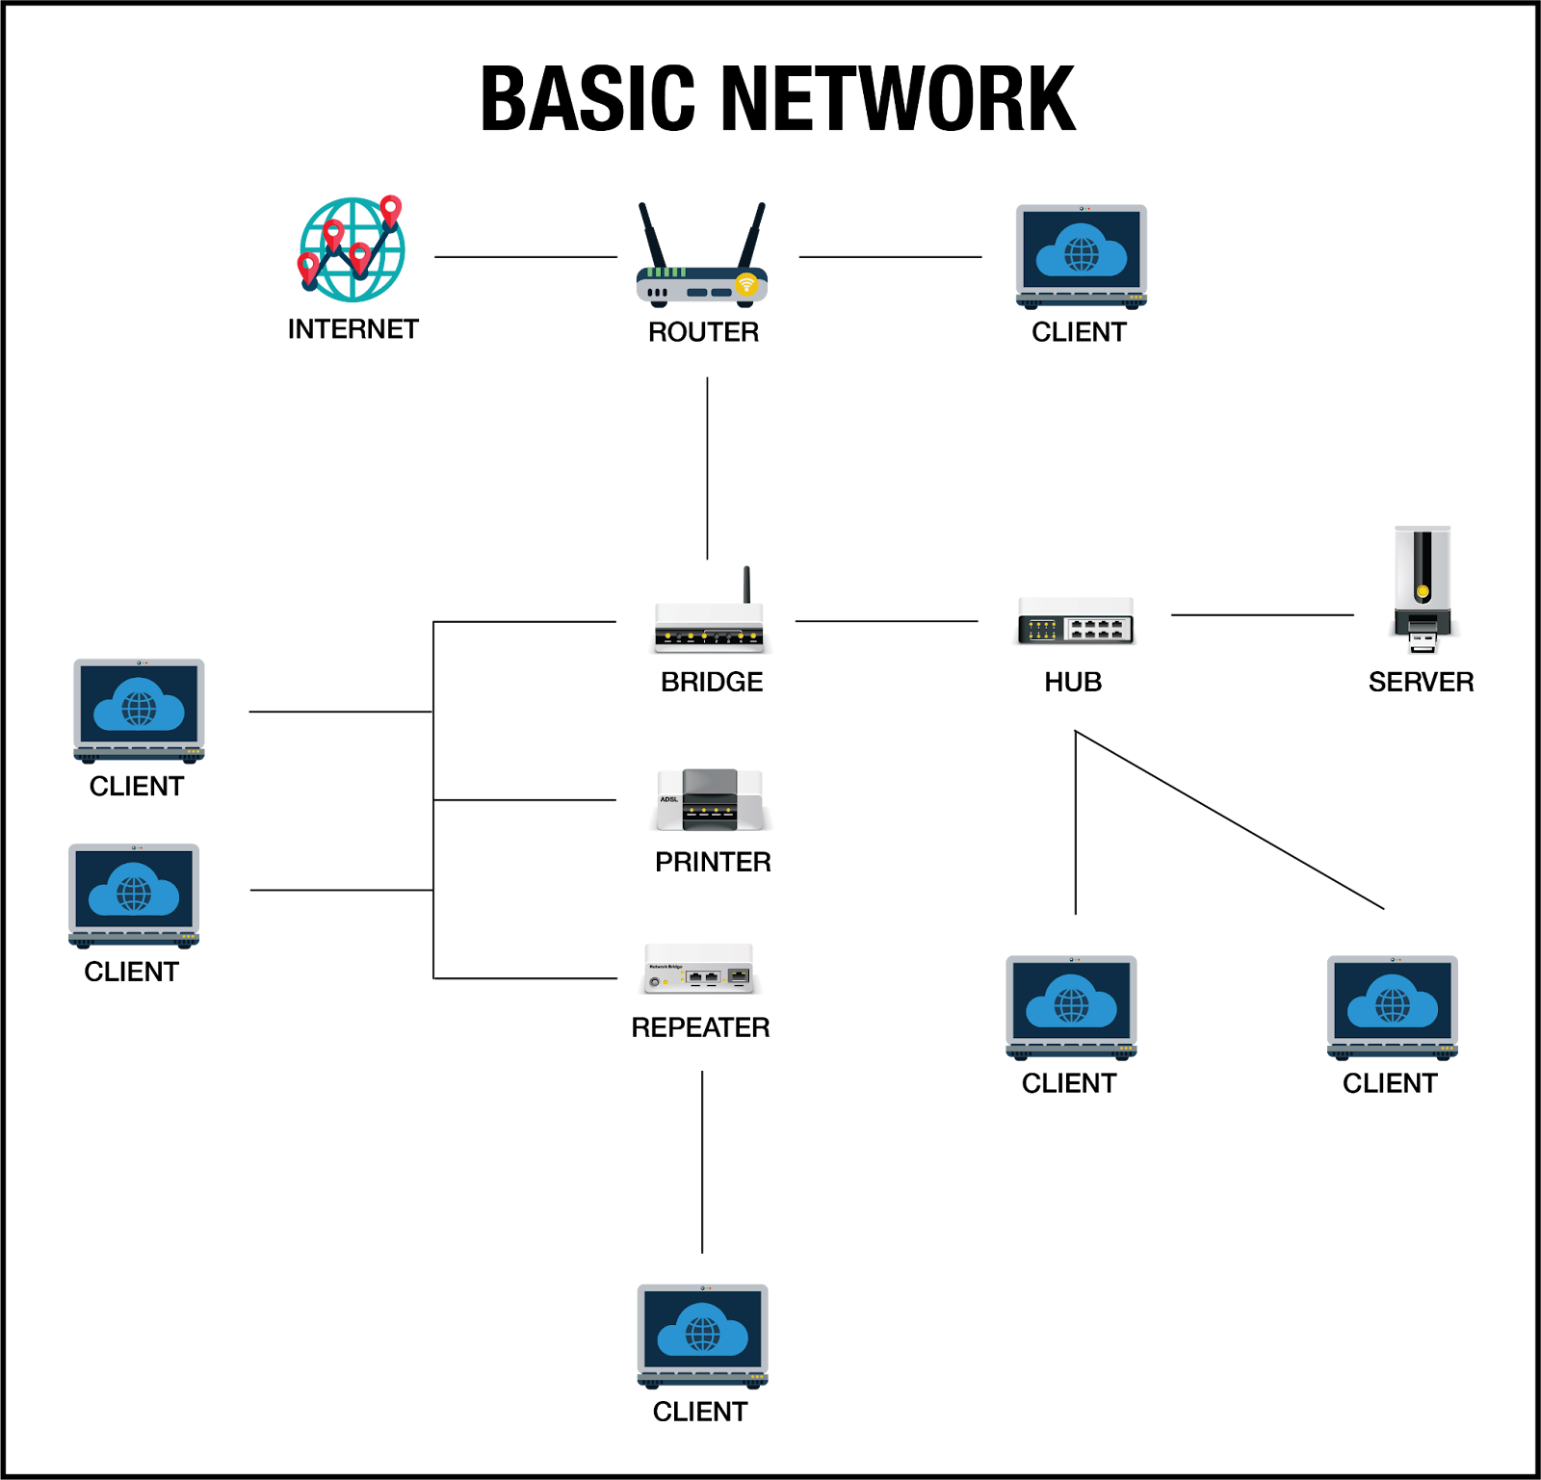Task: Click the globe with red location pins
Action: pyautogui.click(x=352, y=249)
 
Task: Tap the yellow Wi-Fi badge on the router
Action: pyautogui.click(x=746, y=283)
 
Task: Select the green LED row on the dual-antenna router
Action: pyautogui.click(x=667, y=273)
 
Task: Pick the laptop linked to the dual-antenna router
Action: pyautogui.click(x=1081, y=255)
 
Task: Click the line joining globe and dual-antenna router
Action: pyautogui.click(x=525, y=257)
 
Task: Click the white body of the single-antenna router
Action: pyautogui.click(x=709, y=616)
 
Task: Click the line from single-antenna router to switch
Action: pyautogui.click(x=886, y=621)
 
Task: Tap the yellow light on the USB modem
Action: pyautogui.click(x=1423, y=590)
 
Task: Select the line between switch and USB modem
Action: pyautogui.click(x=1262, y=614)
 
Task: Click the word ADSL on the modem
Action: pyautogui.click(x=669, y=799)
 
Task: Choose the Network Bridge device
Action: pyautogui.click(x=700, y=968)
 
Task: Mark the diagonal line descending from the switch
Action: pyautogui.click(x=1230, y=820)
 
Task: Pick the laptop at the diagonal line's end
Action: pyautogui.click(x=1392, y=1006)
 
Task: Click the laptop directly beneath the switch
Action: pyautogui.click(x=1071, y=1006)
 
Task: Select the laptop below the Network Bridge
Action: pyautogui.click(x=702, y=1335)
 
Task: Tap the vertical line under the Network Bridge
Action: pyautogui.click(x=703, y=1160)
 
